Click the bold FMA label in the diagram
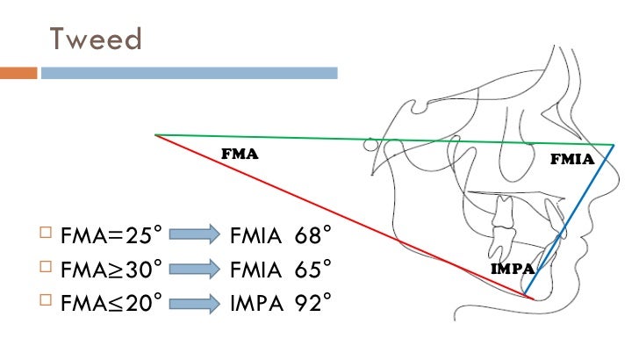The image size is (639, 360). [239, 153]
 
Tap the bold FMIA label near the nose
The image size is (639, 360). [571, 160]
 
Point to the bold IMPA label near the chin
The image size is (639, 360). [513, 269]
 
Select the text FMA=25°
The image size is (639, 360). [112, 235]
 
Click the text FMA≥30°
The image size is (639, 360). [112, 269]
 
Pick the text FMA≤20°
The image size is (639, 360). [112, 303]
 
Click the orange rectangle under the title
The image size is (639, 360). [18, 73]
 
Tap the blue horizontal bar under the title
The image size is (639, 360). [189, 73]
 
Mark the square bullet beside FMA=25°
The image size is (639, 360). [46, 235]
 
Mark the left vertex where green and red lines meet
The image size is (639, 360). [156, 135]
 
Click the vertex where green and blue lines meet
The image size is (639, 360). [613, 145]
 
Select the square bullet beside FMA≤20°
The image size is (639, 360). [46, 303]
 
